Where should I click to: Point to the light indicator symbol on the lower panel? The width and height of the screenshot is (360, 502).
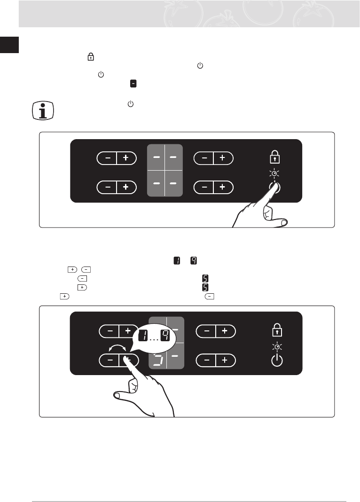[x=277, y=346]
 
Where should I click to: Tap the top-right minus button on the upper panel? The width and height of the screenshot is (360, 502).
[x=204, y=158]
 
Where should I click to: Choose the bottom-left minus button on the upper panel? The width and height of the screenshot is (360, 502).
[x=108, y=187]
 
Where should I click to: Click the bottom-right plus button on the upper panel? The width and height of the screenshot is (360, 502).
[x=223, y=187]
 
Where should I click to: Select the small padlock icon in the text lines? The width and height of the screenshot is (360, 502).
[x=90, y=57]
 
